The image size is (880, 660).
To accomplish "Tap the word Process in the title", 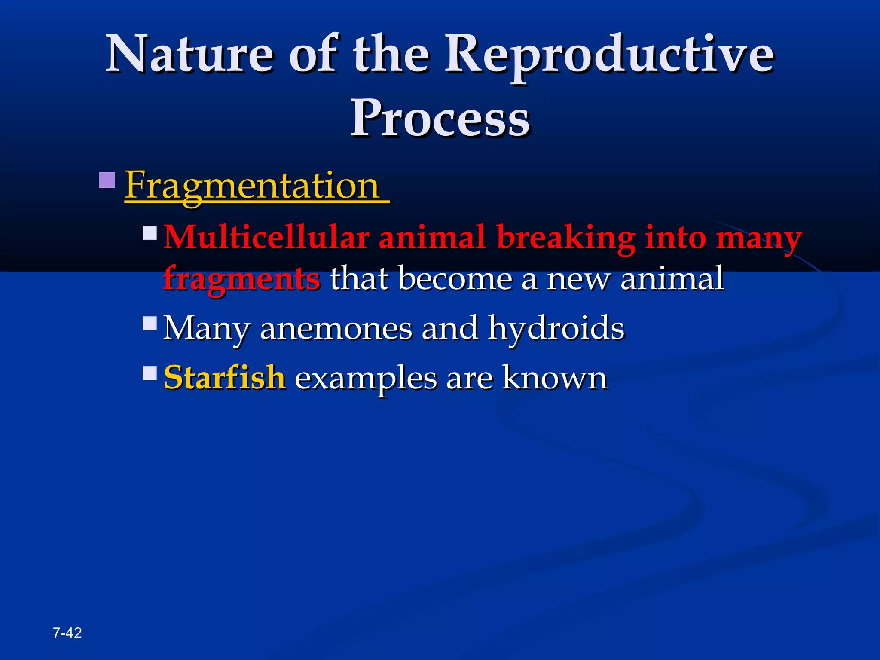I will [440, 118].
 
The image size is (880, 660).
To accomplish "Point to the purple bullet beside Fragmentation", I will [107, 180].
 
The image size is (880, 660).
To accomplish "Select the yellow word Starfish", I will [224, 378].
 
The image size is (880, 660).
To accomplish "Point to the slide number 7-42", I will [67, 633].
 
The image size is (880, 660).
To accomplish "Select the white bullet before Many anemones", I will [150, 323].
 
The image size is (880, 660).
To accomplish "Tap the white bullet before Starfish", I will [150, 373].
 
